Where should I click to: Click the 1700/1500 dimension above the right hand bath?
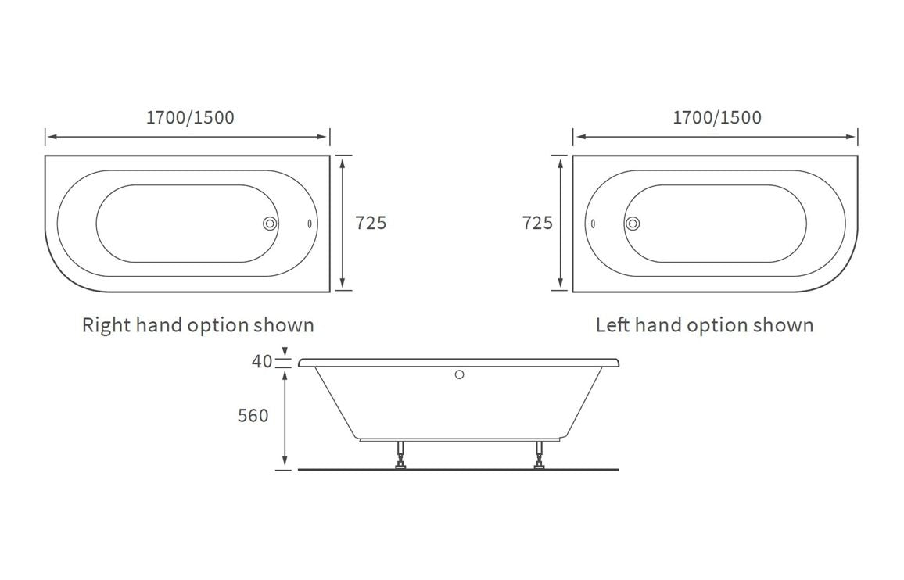(190, 118)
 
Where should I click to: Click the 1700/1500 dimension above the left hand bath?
(716, 118)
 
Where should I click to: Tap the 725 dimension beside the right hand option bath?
(371, 223)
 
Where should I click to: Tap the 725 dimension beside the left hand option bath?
(537, 223)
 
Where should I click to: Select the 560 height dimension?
(253, 416)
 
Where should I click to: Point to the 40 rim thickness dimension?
(262, 361)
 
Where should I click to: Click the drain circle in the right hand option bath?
(270, 224)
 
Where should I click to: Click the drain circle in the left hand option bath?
(633, 224)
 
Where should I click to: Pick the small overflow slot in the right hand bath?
(310, 224)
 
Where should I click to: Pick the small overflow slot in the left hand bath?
(593, 224)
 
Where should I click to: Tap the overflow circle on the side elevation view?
(460, 374)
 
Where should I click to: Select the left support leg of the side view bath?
(401, 456)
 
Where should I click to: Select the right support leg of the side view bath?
(540, 456)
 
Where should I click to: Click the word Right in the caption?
(106, 325)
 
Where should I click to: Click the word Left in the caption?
(613, 325)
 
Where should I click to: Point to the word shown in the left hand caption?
(784, 325)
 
